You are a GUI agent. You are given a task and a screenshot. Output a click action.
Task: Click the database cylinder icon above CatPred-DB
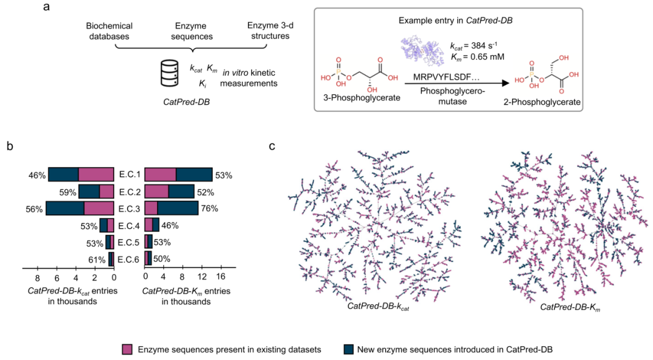[x=169, y=73]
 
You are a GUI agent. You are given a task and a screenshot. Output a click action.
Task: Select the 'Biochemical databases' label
[x=109, y=31]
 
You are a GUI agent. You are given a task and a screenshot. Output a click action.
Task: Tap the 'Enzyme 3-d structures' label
[x=270, y=31]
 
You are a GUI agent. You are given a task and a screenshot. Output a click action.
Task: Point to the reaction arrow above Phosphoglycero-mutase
[x=457, y=83]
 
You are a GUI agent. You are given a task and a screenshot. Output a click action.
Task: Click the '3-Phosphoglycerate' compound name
[x=362, y=98]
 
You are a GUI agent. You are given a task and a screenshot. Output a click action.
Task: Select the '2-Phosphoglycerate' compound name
[x=542, y=102]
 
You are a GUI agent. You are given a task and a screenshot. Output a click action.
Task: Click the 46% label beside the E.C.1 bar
[x=37, y=175]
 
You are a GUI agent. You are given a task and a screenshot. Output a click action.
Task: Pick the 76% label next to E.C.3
[x=209, y=209]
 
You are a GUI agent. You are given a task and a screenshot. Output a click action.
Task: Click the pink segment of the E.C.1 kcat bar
[x=96, y=175]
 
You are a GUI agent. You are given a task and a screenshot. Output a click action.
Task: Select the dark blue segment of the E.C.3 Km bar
[x=178, y=208]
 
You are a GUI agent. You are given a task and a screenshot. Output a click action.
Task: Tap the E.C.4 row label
[x=129, y=226]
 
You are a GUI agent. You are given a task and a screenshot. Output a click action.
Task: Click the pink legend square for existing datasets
[x=127, y=349]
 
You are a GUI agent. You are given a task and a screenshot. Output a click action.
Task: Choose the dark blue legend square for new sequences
[x=349, y=349]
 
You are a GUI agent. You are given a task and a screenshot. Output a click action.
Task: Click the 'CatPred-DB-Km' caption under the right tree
[x=570, y=307]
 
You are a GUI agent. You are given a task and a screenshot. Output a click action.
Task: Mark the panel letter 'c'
[x=272, y=146]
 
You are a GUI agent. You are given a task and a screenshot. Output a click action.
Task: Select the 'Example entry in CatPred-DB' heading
[x=456, y=21]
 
